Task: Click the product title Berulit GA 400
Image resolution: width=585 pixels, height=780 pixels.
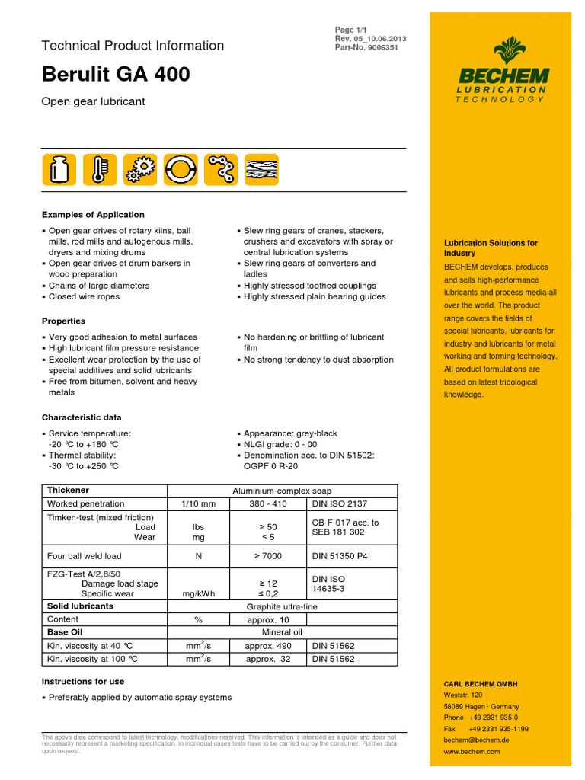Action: (116, 75)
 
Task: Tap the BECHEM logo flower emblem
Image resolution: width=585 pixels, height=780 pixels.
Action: (503, 52)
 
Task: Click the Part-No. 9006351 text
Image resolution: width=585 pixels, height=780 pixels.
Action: (366, 48)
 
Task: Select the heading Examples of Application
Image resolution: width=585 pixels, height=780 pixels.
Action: (93, 215)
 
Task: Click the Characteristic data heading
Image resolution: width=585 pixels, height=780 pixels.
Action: (81, 417)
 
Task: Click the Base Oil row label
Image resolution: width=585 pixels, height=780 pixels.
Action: (65, 632)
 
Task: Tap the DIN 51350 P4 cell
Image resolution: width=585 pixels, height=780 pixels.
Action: (340, 556)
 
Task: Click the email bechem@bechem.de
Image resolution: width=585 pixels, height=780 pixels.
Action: (477, 740)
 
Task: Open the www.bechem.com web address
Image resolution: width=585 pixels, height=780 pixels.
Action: (472, 751)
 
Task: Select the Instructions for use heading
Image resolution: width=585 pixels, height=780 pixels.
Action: (82, 681)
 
